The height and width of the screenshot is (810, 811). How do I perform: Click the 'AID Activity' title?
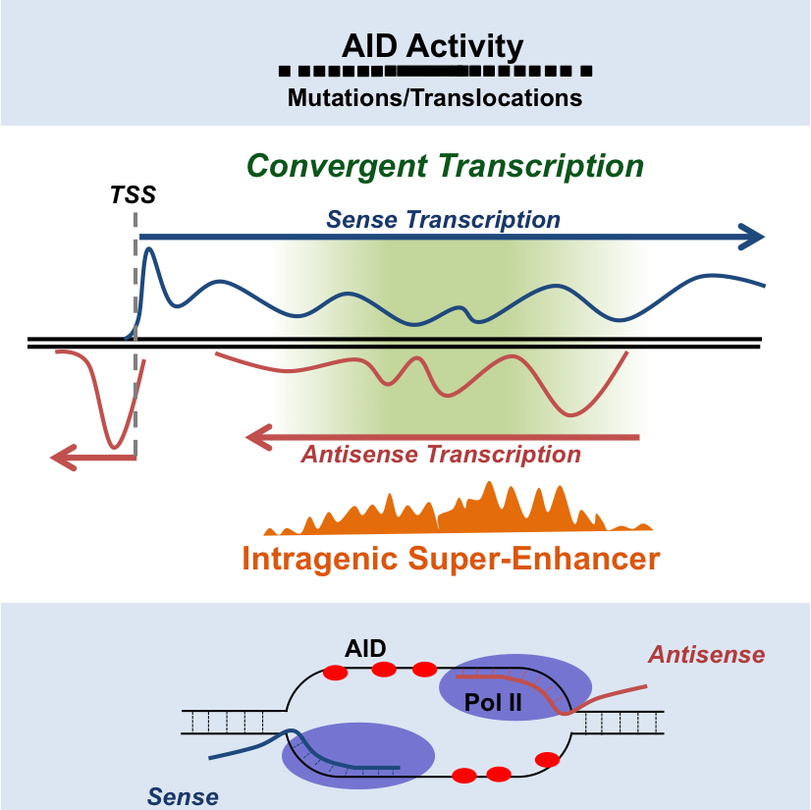432,46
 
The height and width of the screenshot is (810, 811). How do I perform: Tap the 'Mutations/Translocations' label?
434,98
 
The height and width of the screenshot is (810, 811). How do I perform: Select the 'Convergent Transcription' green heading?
445,166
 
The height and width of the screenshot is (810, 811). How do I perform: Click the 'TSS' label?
133,195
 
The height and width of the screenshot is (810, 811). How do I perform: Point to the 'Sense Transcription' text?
443,219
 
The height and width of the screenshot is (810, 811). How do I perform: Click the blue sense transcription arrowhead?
752,237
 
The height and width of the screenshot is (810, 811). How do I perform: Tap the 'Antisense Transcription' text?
441,455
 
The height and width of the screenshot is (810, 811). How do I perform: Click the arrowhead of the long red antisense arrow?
258,438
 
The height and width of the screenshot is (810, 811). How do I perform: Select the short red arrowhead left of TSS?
63,458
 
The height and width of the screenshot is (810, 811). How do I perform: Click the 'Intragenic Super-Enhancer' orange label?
451,559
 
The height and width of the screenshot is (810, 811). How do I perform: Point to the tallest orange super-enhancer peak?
489,484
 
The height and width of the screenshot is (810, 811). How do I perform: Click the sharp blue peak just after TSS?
149,249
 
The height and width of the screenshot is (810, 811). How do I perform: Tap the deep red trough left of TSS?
114,446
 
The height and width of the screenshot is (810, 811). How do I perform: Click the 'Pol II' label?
493,702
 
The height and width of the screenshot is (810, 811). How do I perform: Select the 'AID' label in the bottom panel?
365,648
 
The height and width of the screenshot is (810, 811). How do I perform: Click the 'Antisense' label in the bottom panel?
707,654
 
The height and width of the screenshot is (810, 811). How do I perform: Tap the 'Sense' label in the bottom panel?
183,796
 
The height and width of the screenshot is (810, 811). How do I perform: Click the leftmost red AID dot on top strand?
335,673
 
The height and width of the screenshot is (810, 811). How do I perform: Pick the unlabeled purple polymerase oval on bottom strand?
358,755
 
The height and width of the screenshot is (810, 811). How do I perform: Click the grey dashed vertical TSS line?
135,335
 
